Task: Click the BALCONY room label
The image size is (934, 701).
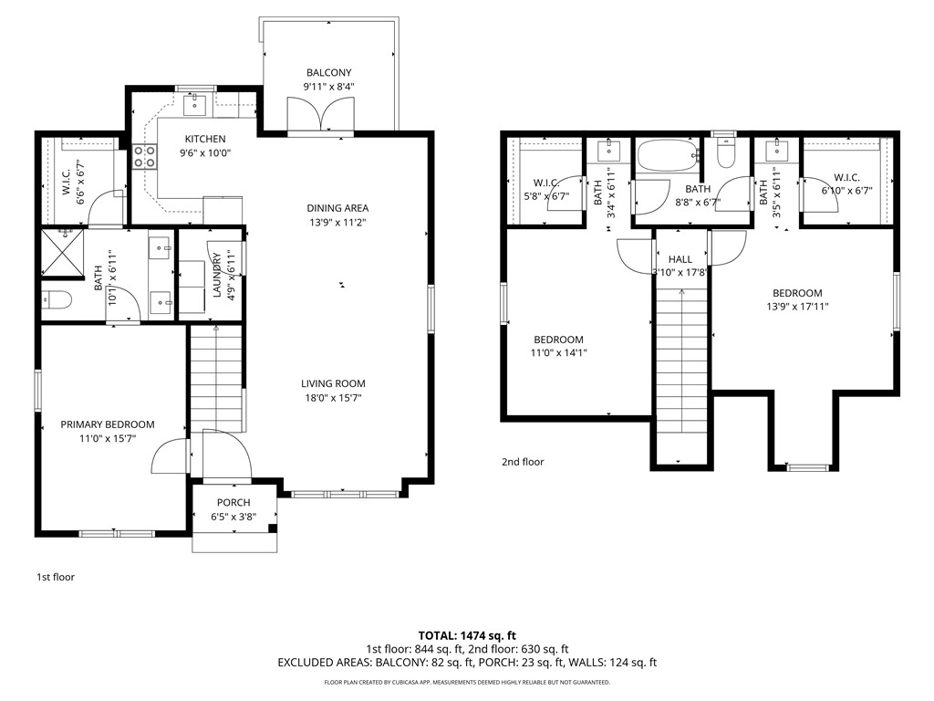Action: click(x=328, y=73)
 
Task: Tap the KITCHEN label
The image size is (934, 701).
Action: click(x=205, y=139)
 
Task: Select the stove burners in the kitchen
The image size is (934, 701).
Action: click(x=144, y=156)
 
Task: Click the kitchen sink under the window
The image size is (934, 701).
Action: click(x=195, y=105)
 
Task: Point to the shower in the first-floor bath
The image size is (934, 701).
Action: click(x=63, y=253)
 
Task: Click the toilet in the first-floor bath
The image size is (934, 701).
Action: click(x=57, y=298)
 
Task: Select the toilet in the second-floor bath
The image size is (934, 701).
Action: click(x=725, y=152)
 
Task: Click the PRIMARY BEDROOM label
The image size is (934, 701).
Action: click(x=108, y=424)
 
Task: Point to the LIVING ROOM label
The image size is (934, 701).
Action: click(x=333, y=384)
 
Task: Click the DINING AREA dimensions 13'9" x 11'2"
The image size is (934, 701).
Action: click(x=337, y=223)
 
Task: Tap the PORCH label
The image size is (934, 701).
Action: click(x=233, y=503)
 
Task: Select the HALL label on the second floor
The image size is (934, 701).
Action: click(x=680, y=259)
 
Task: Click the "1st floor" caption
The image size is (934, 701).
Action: click(x=56, y=577)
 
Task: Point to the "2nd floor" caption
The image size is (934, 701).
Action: click(x=523, y=461)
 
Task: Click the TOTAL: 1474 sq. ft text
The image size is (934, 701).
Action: click(x=467, y=635)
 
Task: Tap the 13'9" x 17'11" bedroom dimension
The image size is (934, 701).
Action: click(x=797, y=307)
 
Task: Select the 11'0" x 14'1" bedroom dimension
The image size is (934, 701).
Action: click(x=559, y=353)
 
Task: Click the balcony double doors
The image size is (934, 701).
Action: click(x=320, y=114)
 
